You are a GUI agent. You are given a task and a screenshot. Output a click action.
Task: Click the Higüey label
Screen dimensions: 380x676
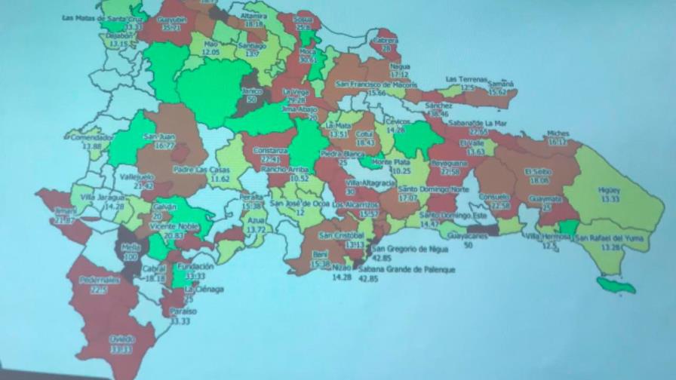point(607,190)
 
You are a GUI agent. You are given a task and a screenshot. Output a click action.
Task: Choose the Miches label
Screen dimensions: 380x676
point(558,132)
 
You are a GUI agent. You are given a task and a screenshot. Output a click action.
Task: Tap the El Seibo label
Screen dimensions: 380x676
point(539,172)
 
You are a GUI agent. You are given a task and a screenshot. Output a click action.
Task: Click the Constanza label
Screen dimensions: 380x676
point(270,151)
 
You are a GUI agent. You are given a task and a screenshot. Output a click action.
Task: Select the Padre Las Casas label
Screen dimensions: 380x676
point(201,169)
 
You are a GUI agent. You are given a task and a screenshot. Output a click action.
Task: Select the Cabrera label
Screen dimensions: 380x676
point(386,39)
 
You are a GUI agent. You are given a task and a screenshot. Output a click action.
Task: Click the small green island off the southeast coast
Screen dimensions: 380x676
point(615,285)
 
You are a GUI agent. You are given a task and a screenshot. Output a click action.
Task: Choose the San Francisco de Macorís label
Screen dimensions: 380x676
point(376,84)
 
